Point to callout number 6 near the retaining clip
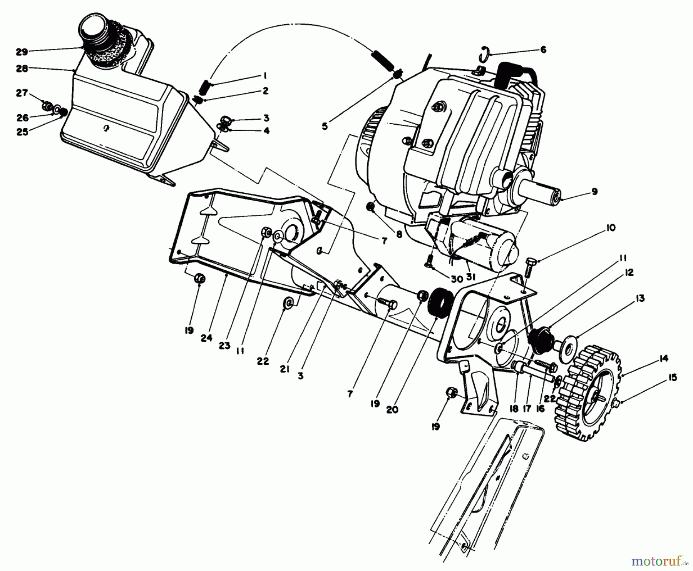(x=543, y=50)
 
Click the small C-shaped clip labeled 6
(x=485, y=53)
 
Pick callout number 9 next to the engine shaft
(x=594, y=191)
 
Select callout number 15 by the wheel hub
(x=672, y=378)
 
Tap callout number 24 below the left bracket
(x=206, y=338)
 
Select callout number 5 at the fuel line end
(x=325, y=126)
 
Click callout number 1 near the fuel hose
(x=265, y=75)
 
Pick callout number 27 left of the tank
(x=22, y=93)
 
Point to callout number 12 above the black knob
(x=629, y=272)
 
